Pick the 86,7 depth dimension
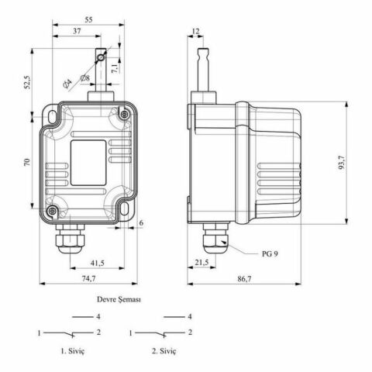pyautogui.click(x=243, y=279)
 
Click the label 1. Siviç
pyautogui.click(x=78, y=351)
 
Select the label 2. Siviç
pyautogui.click(x=164, y=351)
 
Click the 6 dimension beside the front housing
pyautogui.click(x=141, y=223)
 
